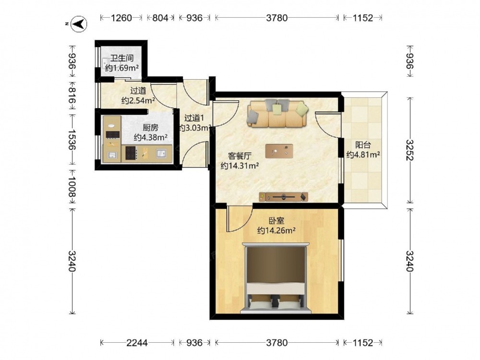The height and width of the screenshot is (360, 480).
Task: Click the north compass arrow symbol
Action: click(79, 24)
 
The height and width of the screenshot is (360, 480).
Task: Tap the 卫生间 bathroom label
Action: click(122, 58)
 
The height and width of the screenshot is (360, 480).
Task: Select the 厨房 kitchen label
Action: click(150, 127)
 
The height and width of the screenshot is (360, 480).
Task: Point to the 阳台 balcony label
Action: click(363, 144)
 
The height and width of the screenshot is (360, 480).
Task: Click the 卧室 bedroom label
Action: click(276, 220)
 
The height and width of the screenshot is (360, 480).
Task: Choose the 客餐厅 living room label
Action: click(240, 156)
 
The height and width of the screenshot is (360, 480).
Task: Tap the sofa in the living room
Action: click(277, 113)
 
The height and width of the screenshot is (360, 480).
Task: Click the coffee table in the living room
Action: click(279, 151)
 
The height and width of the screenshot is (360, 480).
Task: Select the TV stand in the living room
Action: click(283, 197)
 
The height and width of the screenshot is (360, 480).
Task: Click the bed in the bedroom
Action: click(276, 278)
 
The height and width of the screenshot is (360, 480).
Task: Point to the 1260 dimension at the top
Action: click(121, 18)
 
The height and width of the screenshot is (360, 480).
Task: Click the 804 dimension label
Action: click(160, 18)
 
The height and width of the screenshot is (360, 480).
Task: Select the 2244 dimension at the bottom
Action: click(137, 343)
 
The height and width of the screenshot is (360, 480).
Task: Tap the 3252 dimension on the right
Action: click(410, 150)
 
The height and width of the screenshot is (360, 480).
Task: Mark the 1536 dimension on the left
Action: click(72, 139)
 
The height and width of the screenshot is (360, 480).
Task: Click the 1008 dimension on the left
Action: click(72, 187)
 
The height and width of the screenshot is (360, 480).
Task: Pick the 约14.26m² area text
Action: click(276, 230)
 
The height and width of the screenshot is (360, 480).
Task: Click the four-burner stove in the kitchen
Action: click(131, 153)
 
